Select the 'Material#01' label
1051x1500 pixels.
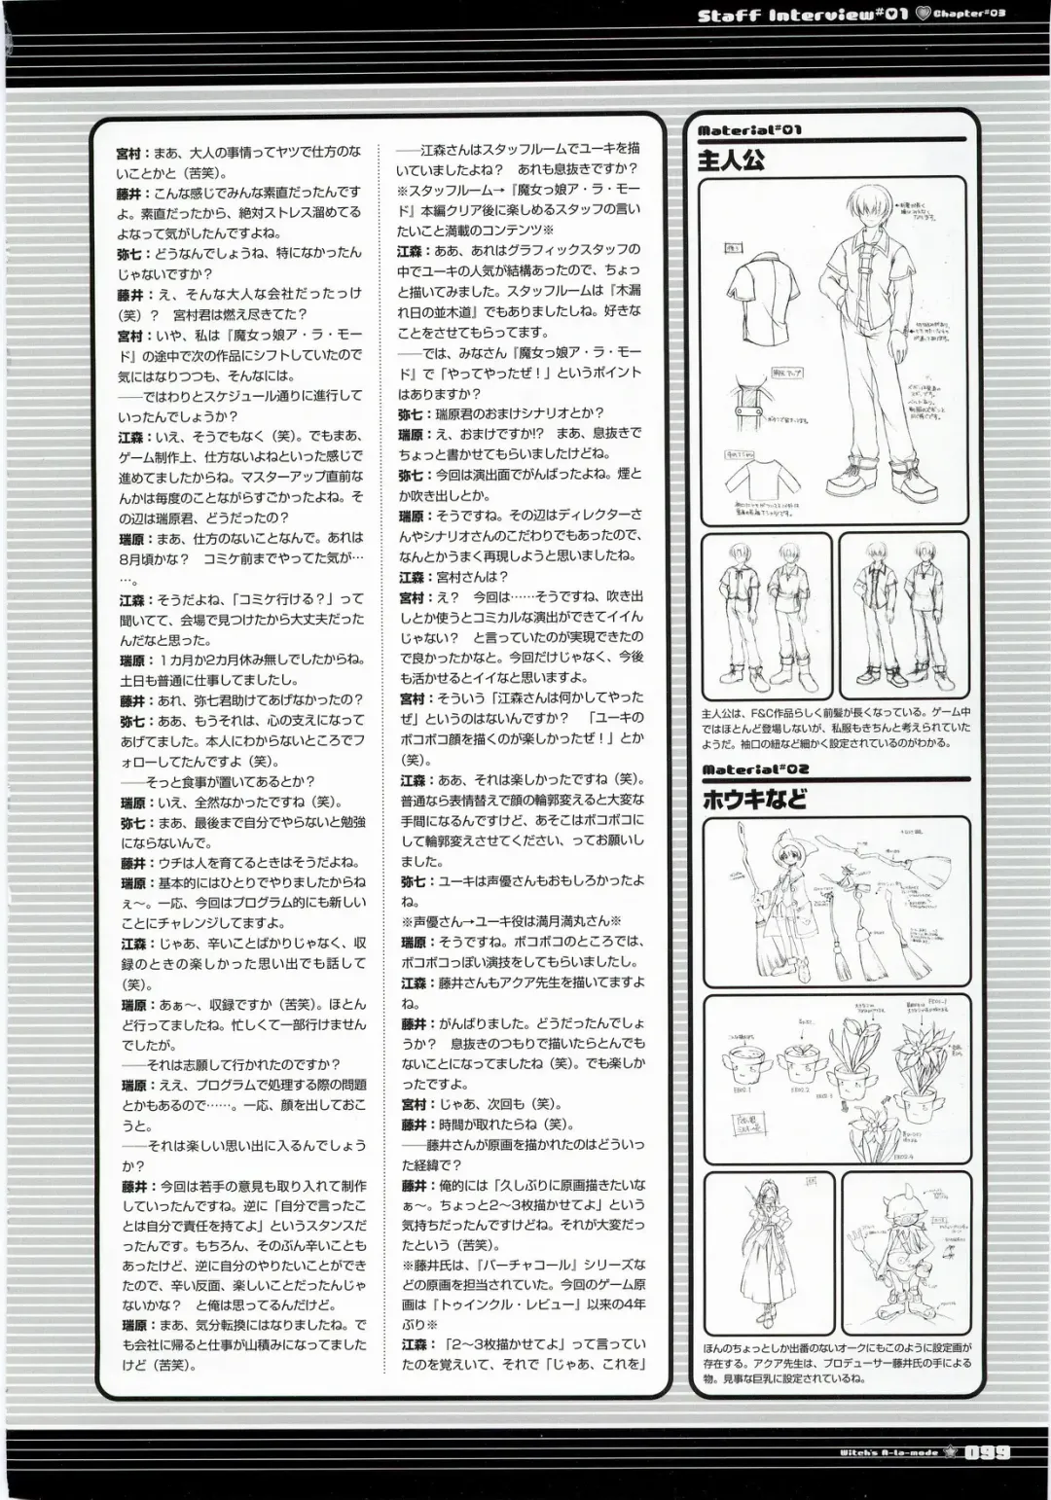[749, 130]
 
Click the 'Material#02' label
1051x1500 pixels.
[754, 770]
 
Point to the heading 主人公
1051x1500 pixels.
[731, 160]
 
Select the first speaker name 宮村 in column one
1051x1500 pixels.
[127, 153]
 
